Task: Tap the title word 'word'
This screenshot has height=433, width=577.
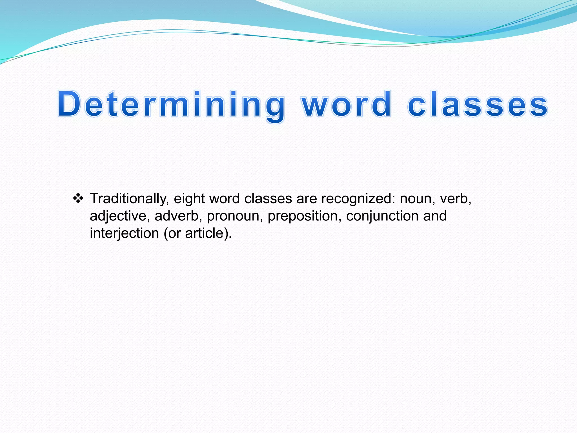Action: [x=347, y=104]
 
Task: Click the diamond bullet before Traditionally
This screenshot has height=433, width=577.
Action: [x=78, y=199]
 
